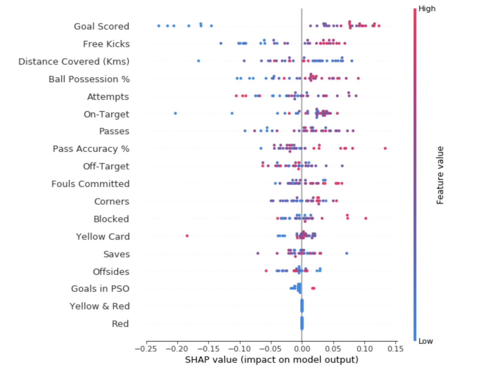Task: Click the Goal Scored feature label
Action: click(101, 26)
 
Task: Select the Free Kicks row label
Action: click(106, 44)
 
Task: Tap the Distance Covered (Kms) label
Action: click(74, 62)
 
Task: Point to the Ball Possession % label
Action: click(89, 79)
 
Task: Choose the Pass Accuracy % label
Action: click(91, 149)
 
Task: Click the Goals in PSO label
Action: click(100, 289)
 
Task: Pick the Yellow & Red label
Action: click(100, 306)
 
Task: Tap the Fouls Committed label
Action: click(90, 184)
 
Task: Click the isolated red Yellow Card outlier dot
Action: click(187, 236)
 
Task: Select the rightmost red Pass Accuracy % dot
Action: click(385, 148)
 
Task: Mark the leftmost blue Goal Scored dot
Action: click(159, 26)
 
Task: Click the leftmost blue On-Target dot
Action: click(175, 113)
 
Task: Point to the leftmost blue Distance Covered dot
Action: click(198, 61)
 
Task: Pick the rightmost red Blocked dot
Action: click(366, 218)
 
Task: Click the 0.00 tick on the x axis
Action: click(302, 349)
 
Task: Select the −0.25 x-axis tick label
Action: click(146, 349)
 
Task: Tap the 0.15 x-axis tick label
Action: click(396, 349)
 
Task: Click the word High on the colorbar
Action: click(427, 9)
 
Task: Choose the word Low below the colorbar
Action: click(426, 341)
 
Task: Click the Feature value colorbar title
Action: click(440, 175)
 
